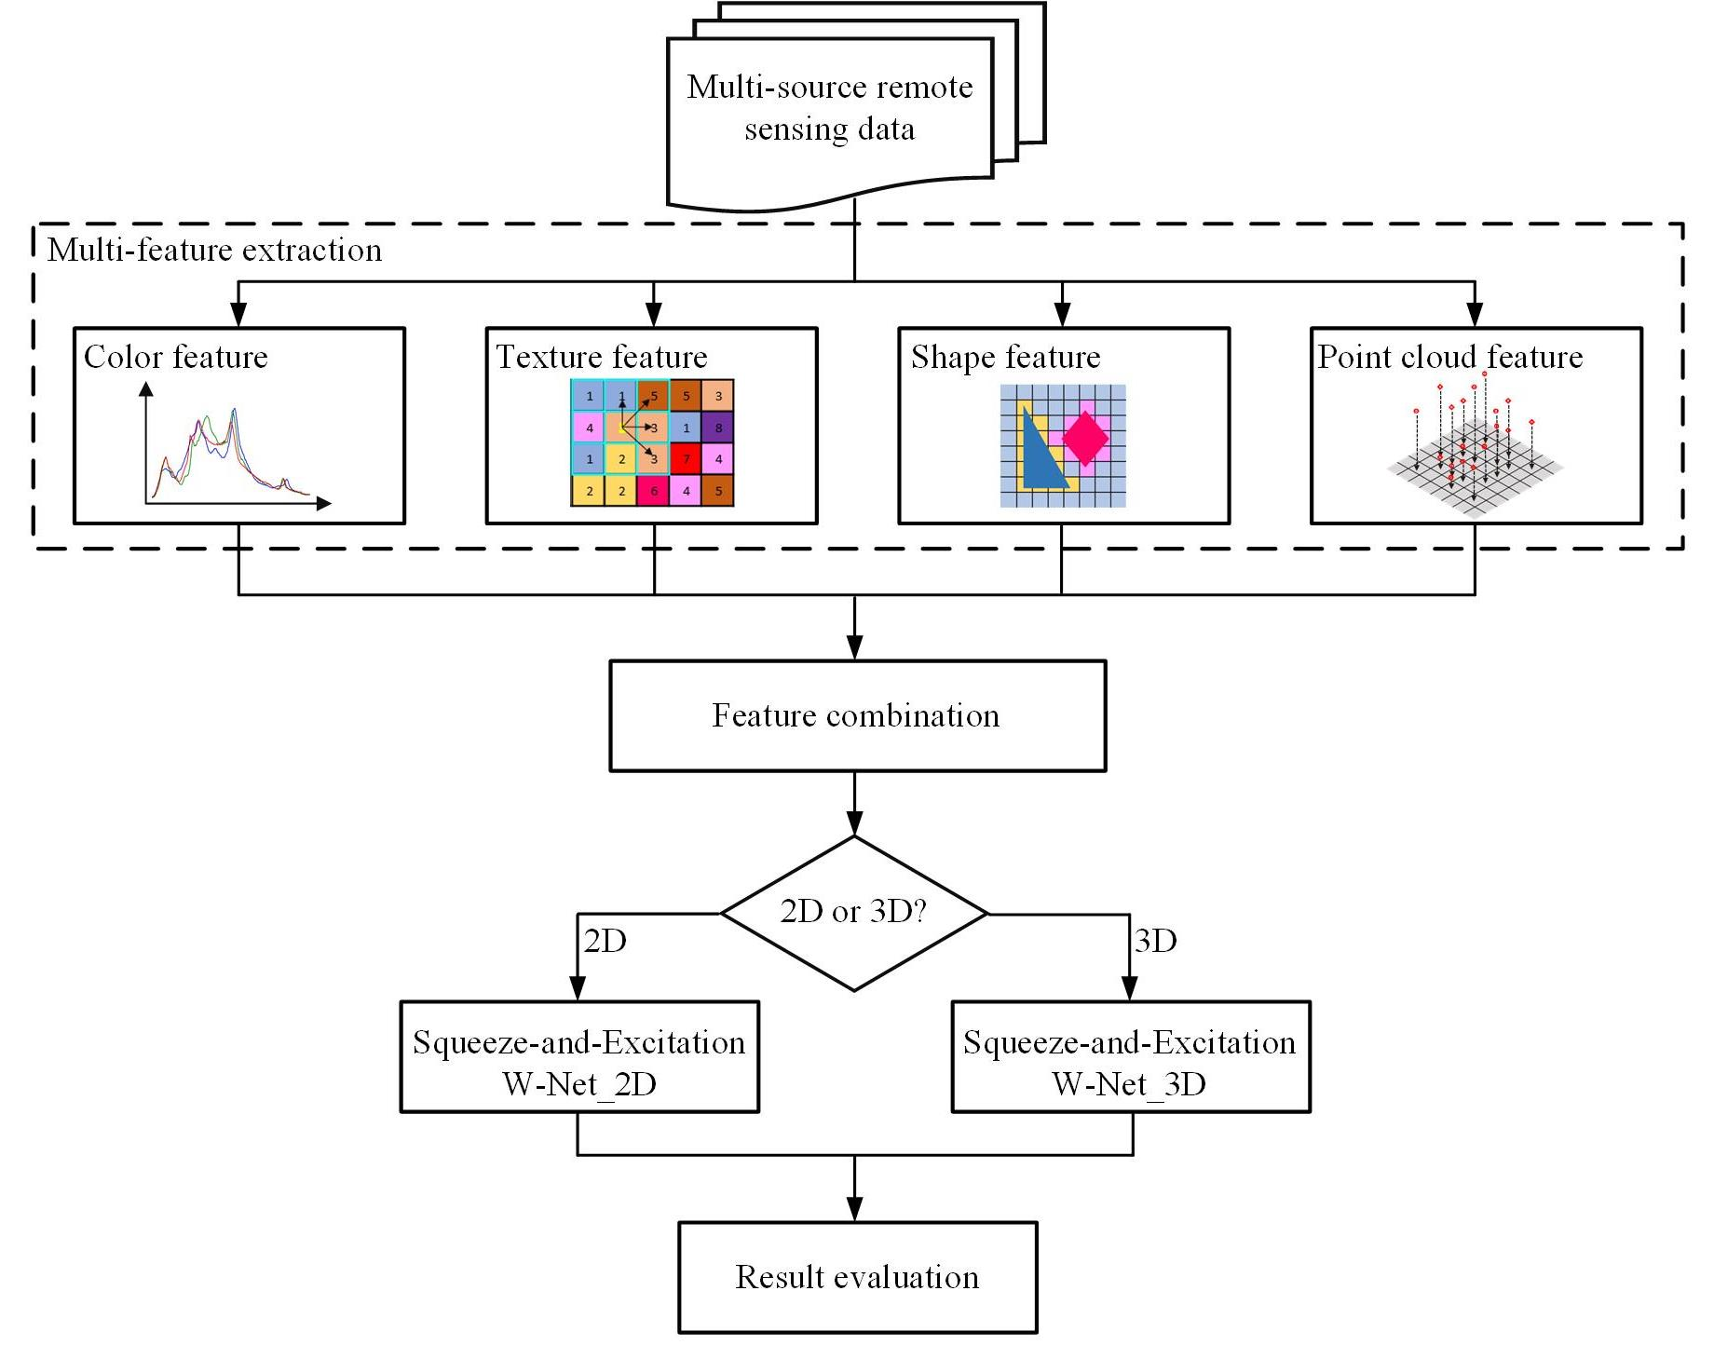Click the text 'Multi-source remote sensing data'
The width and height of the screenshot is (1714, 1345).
pyautogui.click(x=829, y=107)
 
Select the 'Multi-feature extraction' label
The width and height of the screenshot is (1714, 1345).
pyautogui.click(x=214, y=250)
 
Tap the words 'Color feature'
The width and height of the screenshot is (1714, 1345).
pyautogui.click(x=175, y=357)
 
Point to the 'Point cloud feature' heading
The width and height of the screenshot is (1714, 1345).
pyautogui.click(x=1449, y=357)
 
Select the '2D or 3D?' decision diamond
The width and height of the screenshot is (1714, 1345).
pyautogui.click(x=853, y=912)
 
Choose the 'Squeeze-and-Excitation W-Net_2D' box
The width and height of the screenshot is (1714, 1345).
pyautogui.click(x=578, y=1057)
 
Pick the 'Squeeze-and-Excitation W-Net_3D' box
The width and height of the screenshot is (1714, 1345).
pyautogui.click(x=1130, y=1057)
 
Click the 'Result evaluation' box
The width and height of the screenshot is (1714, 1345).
pyautogui.click(x=857, y=1277)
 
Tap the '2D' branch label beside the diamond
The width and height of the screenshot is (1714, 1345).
pyautogui.click(x=605, y=942)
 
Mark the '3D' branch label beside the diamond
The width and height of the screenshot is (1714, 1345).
pyautogui.click(x=1155, y=942)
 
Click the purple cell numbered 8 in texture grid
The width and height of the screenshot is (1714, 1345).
pyautogui.click(x=718, y=428)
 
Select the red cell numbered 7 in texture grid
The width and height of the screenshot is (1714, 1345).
pyautogui.click(x=687, y=459)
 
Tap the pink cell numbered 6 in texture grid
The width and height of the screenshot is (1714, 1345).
pyautogui.click(x=654, y=491)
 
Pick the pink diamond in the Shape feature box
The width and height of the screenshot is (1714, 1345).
pyautogui.click(x=1085, y=438)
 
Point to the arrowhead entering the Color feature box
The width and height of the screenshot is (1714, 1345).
pyautogui.click(x=238, y=316)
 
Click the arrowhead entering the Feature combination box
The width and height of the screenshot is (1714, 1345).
pyautogui.click(x=854, y=647)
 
